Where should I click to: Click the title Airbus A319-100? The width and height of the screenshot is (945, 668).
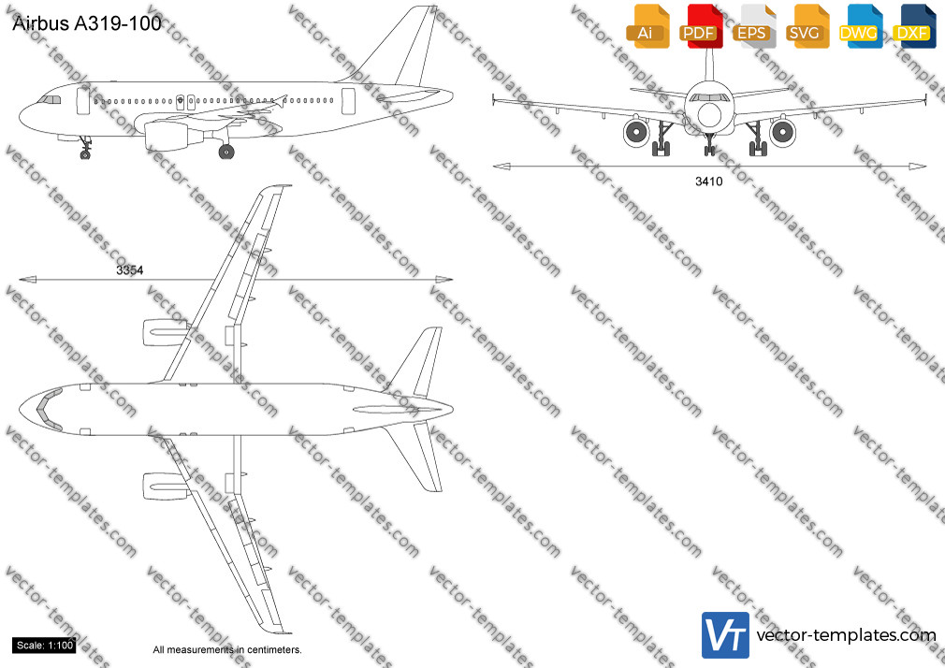click(x=87, y=23)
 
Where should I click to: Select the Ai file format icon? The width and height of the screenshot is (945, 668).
click(x=647, y=26)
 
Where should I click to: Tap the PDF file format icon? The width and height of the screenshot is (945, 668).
click(x=700, y=26)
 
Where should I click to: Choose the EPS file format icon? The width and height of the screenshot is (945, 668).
click(x=753, y=26)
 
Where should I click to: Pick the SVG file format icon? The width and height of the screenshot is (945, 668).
click(x=807, y=26)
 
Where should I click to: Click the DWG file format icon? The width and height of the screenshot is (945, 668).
click(x=860, y=26)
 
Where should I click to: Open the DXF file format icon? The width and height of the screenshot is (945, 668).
click(x=914, y=26)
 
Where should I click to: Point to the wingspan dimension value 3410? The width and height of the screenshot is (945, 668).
click(x=709, y=181)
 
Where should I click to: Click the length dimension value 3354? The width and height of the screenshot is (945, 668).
click(x=129, y=270)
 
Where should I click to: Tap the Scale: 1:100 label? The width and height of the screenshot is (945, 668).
click(x=45, y=646)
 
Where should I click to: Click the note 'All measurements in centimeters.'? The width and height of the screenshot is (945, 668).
click(x=227, y=650)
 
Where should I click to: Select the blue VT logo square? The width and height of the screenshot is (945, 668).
click(x=726, y=635)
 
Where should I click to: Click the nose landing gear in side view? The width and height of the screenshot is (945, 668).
click(x=85, y=148)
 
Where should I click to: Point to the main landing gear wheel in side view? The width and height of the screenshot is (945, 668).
click(x=226, y=152)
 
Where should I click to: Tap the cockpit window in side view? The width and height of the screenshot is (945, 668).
click(x=50, y=99)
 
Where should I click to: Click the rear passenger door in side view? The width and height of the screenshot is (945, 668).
click(x=348, y=101)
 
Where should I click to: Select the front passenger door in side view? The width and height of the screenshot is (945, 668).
click(x=83, y=101)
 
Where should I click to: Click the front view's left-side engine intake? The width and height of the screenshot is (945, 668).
click(x=636, y=132)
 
